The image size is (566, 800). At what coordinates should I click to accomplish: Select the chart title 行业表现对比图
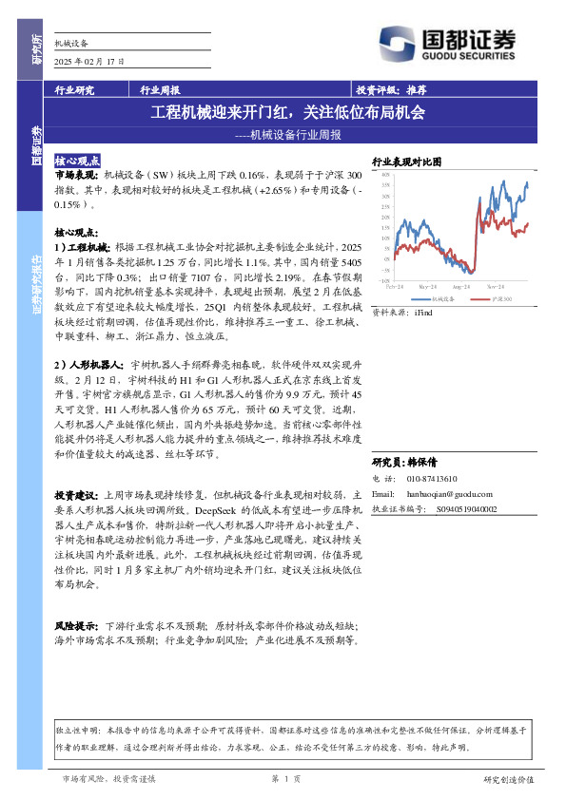tap(406, 162)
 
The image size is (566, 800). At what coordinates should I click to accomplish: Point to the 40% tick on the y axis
tap(385, 175)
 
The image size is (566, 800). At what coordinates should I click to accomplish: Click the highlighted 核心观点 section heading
tap(78, 162)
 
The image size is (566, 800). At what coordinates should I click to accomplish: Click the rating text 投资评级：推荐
tap(391, 90)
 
